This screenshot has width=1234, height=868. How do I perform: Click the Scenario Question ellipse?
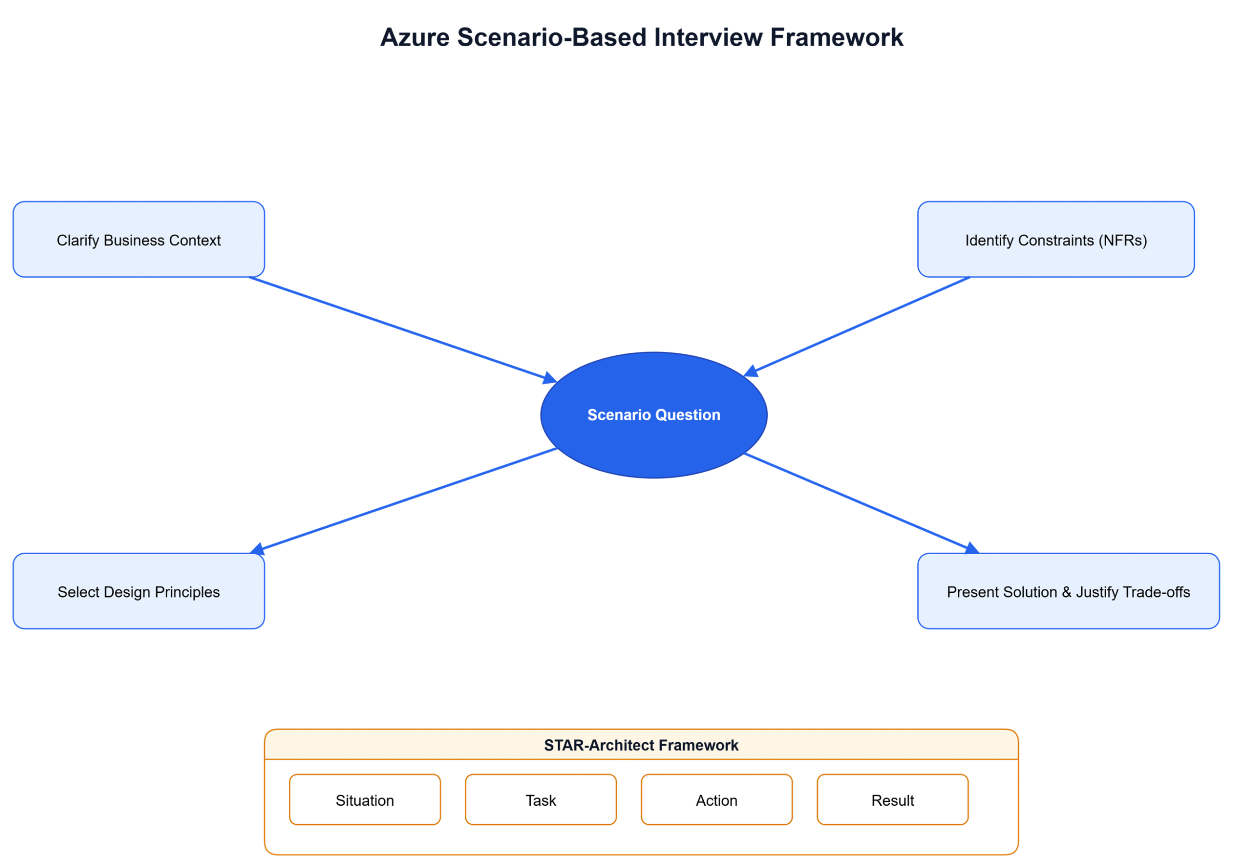pyautogui.click(x=654, y=415)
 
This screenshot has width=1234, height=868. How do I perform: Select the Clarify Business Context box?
pyautogui.click(x=139, y=240)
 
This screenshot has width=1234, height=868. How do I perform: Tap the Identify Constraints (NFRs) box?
pyautogui.click(x=1056, y=240)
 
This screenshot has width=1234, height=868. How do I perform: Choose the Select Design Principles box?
pyautogui.click(x=139, y=591)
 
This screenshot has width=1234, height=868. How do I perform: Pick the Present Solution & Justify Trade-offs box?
pyautogui.click(x=1068, y=591)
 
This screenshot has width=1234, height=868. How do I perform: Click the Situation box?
pyautogui.click(x=364, y=800)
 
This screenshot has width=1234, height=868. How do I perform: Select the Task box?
pyautogui.click(x=540, y=800)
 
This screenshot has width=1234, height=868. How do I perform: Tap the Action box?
pyautogui.click(x=716, y=800)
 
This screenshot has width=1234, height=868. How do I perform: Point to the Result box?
pyautogui.click(x=892, y=800)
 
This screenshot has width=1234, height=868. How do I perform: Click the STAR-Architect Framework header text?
pyautogui.click(x=641, y=745)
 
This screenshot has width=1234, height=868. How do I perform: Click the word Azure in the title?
pyautogui.click(x=415, y=38)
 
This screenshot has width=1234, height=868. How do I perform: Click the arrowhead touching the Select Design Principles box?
pyautogui.click(x=257, y=549)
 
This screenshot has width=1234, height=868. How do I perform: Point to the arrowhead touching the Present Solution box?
pyautogui.click(x=971, y=548)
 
